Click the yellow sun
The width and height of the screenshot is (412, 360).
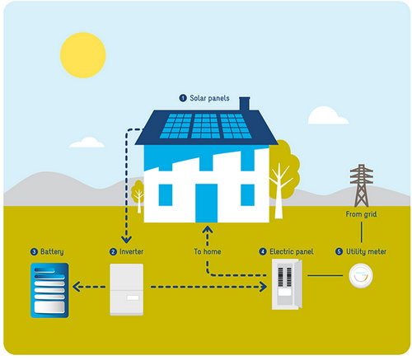(x=83, y=55)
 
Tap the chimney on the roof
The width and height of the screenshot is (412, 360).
(x=245, y=104)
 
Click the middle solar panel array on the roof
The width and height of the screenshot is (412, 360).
(x=206, y=126)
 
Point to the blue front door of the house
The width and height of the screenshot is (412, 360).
(x=206, y=203)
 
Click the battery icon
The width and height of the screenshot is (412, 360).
(x=49, y=290)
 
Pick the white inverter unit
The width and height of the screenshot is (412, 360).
(x=127, y=289)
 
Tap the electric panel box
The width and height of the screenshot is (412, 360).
(x=287, y=284)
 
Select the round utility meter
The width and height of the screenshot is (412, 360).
(x=361, y=276)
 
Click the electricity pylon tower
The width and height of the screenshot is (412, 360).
(x=362, y=185)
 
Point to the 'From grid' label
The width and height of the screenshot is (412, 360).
(x=361, y=214)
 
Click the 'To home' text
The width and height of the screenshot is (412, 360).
(x=208, y=251)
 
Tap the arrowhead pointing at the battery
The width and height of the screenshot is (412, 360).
(x=76, y=287)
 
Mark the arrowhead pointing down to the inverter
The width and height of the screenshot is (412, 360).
(x=126, y=240)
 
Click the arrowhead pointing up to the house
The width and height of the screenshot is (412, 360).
(x=208, y=229)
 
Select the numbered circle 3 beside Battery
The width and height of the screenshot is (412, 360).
(x=34, y=252)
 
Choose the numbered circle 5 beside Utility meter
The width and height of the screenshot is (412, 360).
(x=339, y=251)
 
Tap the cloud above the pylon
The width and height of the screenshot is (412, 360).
(x=328, y=115)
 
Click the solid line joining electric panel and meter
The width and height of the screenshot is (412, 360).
(x=325, y=275)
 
